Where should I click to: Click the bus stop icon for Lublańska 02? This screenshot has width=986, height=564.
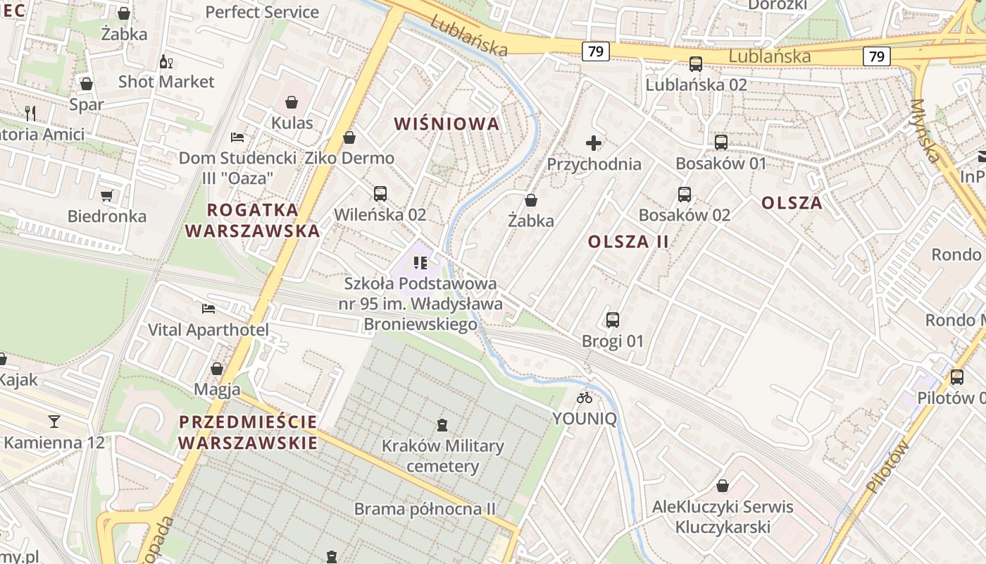pyautogui.click(x=696, y=64)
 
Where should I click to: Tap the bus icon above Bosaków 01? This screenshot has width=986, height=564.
pyautogui.click(x=721, y=142)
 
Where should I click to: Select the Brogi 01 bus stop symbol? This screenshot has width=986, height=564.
pyautogui.click(x=613, y=320)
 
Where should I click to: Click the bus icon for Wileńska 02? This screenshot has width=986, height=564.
pyautogui.click(x=380, y=193)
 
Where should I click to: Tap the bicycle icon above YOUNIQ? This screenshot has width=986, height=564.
pyautogui.click(x=585, y=398)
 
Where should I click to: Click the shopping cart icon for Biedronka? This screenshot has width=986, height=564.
pyautogui.click(x=107, y=195)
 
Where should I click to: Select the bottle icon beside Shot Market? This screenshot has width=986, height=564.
pyautogui.click(x=166, y=61)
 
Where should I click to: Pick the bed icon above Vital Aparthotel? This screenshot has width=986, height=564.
pyautogui.click(x=208, y=309)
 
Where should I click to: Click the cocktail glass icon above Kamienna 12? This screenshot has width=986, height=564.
pyautogui.click(x=54, y=422)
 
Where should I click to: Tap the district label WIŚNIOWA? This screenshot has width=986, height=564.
pyautogui.click(x=447, y=124)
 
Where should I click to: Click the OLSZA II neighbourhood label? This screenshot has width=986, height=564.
pyautogui.click(x=628, y=241)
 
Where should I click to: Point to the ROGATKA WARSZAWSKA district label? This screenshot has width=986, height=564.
pyautogui.click(x=252, y=220)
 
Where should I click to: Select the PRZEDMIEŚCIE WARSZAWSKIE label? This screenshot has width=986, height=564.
pyautogui.click(x=248, y=432)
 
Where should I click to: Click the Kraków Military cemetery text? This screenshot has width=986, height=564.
pyautogui.click(x=442, y=455)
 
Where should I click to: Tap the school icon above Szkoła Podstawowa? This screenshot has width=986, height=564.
pyautogui.click(x=420, y=263)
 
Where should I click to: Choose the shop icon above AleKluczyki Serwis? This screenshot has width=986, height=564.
pyautogui.click(x=723, y=486)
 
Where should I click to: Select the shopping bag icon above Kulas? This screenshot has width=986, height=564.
pyautogui.click(x=292, y=102)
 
